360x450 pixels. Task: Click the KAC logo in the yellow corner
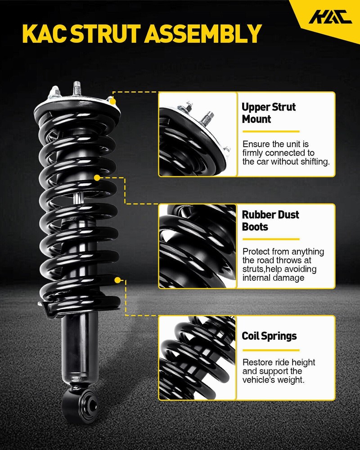click(x=330, y=17)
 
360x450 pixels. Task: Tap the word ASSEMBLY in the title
click(x=203, y=34)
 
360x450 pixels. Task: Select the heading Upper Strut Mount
click(x=268, y=113)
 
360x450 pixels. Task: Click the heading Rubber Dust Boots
click(x=270, y=220)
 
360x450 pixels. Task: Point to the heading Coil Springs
click(x=269, y=336)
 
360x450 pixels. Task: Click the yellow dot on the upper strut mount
click(x=113, y=101)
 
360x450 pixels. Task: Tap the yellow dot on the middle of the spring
click(x=97, y=178)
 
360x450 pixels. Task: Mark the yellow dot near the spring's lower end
click(x=117, y=280)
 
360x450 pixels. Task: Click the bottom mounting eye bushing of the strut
click(x=88, y=404)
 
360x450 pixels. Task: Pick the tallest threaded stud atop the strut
click(x=76, y=89)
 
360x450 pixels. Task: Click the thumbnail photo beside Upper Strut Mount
click(x=198, y=134)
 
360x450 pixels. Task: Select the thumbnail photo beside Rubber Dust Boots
click(x=198, y=246)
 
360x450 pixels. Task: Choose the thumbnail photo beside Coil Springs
click(x=198, y=358)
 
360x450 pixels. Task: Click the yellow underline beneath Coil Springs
click(x=271, y=350)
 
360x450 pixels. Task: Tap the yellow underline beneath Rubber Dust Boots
click(x=271, y=239)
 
